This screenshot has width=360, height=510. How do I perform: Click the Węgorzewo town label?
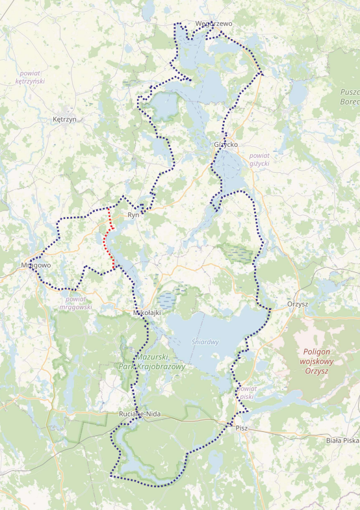pos(213,24)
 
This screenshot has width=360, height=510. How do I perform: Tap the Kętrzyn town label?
pos(64,120)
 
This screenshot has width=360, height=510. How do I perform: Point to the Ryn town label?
pos(133,214)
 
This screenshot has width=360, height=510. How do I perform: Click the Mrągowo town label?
pos(35,265)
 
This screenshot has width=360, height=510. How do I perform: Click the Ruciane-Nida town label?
pos(135,414)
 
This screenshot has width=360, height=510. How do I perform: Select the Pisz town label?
pos(242,427)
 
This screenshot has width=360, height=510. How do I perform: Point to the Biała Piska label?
pos(342,440)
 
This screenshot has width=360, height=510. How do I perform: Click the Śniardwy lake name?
pos(205,342)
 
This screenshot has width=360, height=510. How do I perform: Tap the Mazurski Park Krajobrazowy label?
pos(161,362)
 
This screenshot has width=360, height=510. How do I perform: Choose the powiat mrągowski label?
pos(75,303)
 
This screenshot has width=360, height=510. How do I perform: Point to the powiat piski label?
pos(246,392)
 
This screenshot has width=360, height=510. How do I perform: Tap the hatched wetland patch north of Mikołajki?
pos(168,300)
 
